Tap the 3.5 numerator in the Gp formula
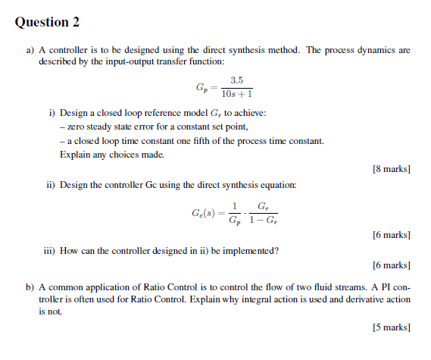[x=236, y=80]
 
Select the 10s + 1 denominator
[x=236, y=95]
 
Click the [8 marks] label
[x=392, y=168]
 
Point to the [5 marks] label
[x=392, y=327]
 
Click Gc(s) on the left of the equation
[x=205, y=213]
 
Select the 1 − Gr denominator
[x=262, y=221]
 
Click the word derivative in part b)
[x=364, y=299]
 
